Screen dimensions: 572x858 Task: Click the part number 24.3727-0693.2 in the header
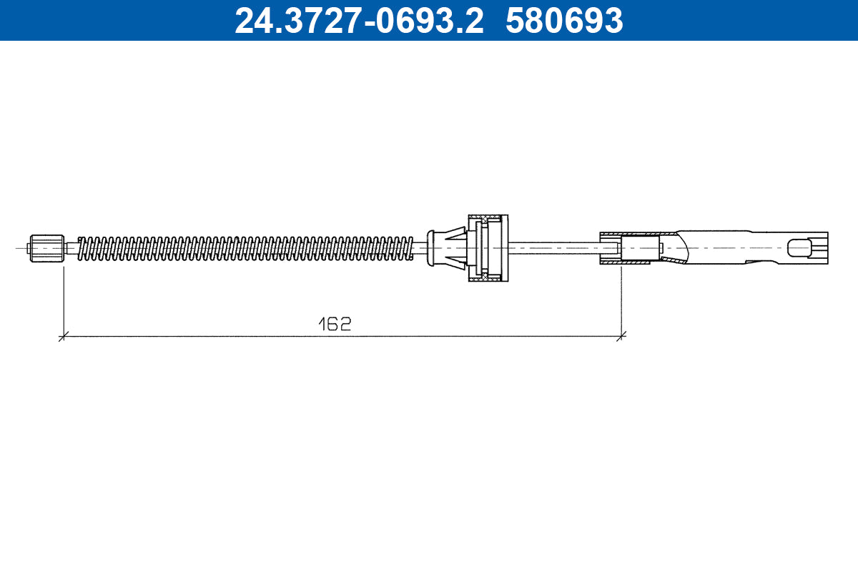tap(359, 20)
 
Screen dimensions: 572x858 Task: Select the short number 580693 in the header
tap(564, 20)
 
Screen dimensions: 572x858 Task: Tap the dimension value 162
tap(335, 324)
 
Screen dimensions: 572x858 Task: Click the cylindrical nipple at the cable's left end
tap(46, 248)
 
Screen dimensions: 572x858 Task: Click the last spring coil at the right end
tap(409, 247)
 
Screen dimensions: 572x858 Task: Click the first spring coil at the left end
tap(81, 247)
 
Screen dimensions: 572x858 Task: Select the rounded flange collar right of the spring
tap(430, 247)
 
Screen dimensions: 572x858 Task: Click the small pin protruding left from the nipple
tap(28, 248)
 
